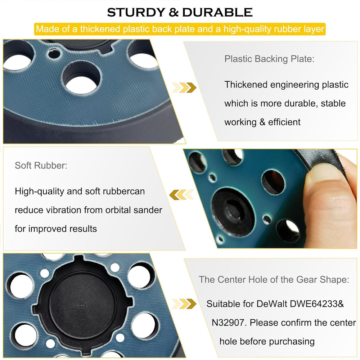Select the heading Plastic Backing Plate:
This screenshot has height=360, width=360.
269,59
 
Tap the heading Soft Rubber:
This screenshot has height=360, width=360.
41,166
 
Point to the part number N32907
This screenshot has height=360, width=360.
229,323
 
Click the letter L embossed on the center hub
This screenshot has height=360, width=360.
80,305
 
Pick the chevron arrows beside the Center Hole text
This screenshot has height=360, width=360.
184,303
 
